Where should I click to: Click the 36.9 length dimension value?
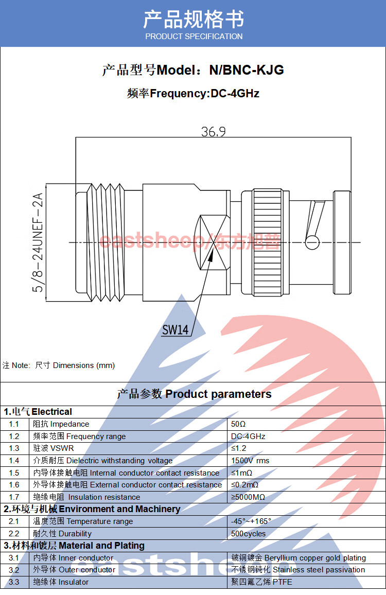pos(213,132)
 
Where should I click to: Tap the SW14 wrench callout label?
pos(176,330)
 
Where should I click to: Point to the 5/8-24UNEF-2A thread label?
pos(38,242)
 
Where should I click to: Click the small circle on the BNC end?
pos(312,242)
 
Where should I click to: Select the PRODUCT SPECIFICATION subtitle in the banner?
pos(194,37)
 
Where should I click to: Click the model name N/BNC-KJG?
pos(246,70)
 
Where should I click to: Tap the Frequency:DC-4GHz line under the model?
pos(193,94)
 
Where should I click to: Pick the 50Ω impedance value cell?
pos(239,424)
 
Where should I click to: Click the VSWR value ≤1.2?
pos(239,448)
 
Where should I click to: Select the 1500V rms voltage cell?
pos(250,461)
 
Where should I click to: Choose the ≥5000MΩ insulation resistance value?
pos(248,497)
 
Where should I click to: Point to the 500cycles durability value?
pos(248,534)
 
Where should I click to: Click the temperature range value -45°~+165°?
pos(251,521)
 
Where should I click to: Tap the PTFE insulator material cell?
pos(261,582)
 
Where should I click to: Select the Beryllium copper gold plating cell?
pos(299,558)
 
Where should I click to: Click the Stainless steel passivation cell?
pos(298,570)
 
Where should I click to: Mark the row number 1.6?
pos(14,485)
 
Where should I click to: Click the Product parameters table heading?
pos(194,394)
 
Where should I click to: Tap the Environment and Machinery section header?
pos(92,509)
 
